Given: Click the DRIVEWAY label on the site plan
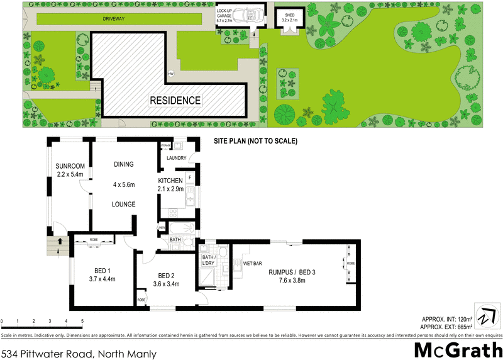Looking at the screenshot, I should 114,19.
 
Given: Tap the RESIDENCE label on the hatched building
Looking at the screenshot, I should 175,100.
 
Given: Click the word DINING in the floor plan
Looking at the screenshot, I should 123,165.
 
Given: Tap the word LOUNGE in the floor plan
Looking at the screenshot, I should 124,205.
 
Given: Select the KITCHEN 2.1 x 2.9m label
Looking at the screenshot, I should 170,184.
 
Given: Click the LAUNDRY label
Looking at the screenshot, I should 177,158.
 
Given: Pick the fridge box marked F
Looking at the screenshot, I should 189,178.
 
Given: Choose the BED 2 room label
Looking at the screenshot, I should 167,279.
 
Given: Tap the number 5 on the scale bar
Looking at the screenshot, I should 82,322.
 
